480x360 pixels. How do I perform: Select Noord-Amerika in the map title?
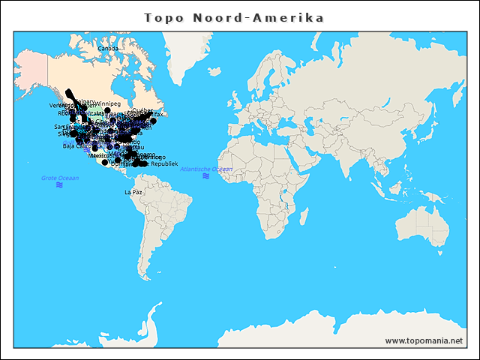click(x=259, y=17)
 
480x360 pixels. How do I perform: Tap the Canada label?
click(x=109, y=49)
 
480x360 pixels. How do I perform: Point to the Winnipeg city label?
click(x=107, y=103)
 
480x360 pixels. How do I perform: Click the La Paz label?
click(x=133, y=192)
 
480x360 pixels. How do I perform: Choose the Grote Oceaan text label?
click(x=59, y=178)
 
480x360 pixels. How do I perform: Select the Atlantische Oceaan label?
click(x=206, y=169)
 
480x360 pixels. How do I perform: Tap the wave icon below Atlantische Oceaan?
click(x=206, y=176)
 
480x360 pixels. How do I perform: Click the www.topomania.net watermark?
click(x=424, y=340)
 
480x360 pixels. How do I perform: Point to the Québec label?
click(x=142, y=110)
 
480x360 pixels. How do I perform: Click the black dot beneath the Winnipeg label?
click(x=107, y=110)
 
